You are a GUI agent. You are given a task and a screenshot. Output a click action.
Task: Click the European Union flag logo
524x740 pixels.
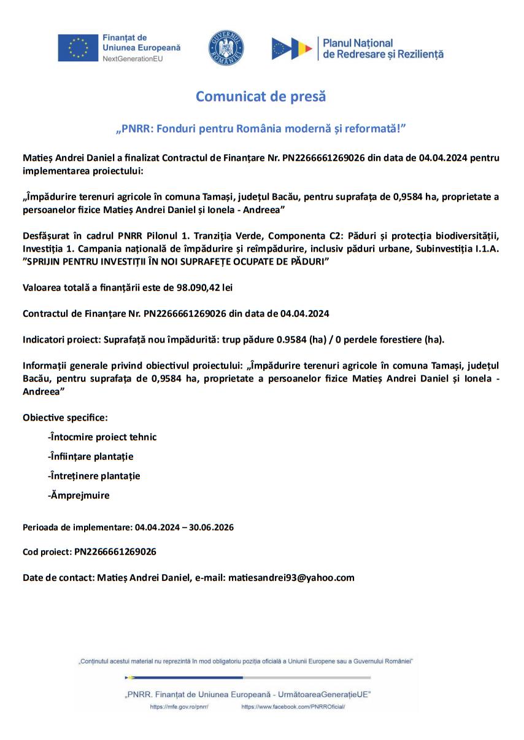(x=78, y=48)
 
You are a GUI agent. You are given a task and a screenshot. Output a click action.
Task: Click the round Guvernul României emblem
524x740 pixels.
(x=226, y=48)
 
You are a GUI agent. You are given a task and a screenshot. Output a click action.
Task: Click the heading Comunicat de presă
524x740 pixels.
(x=261, y=96)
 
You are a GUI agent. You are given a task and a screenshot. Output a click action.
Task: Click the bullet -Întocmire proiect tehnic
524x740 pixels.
(x=102, y=437)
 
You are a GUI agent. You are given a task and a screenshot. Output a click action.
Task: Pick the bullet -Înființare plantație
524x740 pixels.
(x=90, y=456)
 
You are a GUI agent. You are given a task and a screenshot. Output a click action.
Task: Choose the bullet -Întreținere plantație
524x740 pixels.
(x=94, y=475)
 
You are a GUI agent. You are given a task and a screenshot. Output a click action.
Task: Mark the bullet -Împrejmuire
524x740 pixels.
(x=79, y=495)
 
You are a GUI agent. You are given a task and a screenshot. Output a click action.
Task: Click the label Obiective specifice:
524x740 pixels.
(x=65, y=418)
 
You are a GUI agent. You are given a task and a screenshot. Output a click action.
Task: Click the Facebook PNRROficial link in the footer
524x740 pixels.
(x=293, y=707)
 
